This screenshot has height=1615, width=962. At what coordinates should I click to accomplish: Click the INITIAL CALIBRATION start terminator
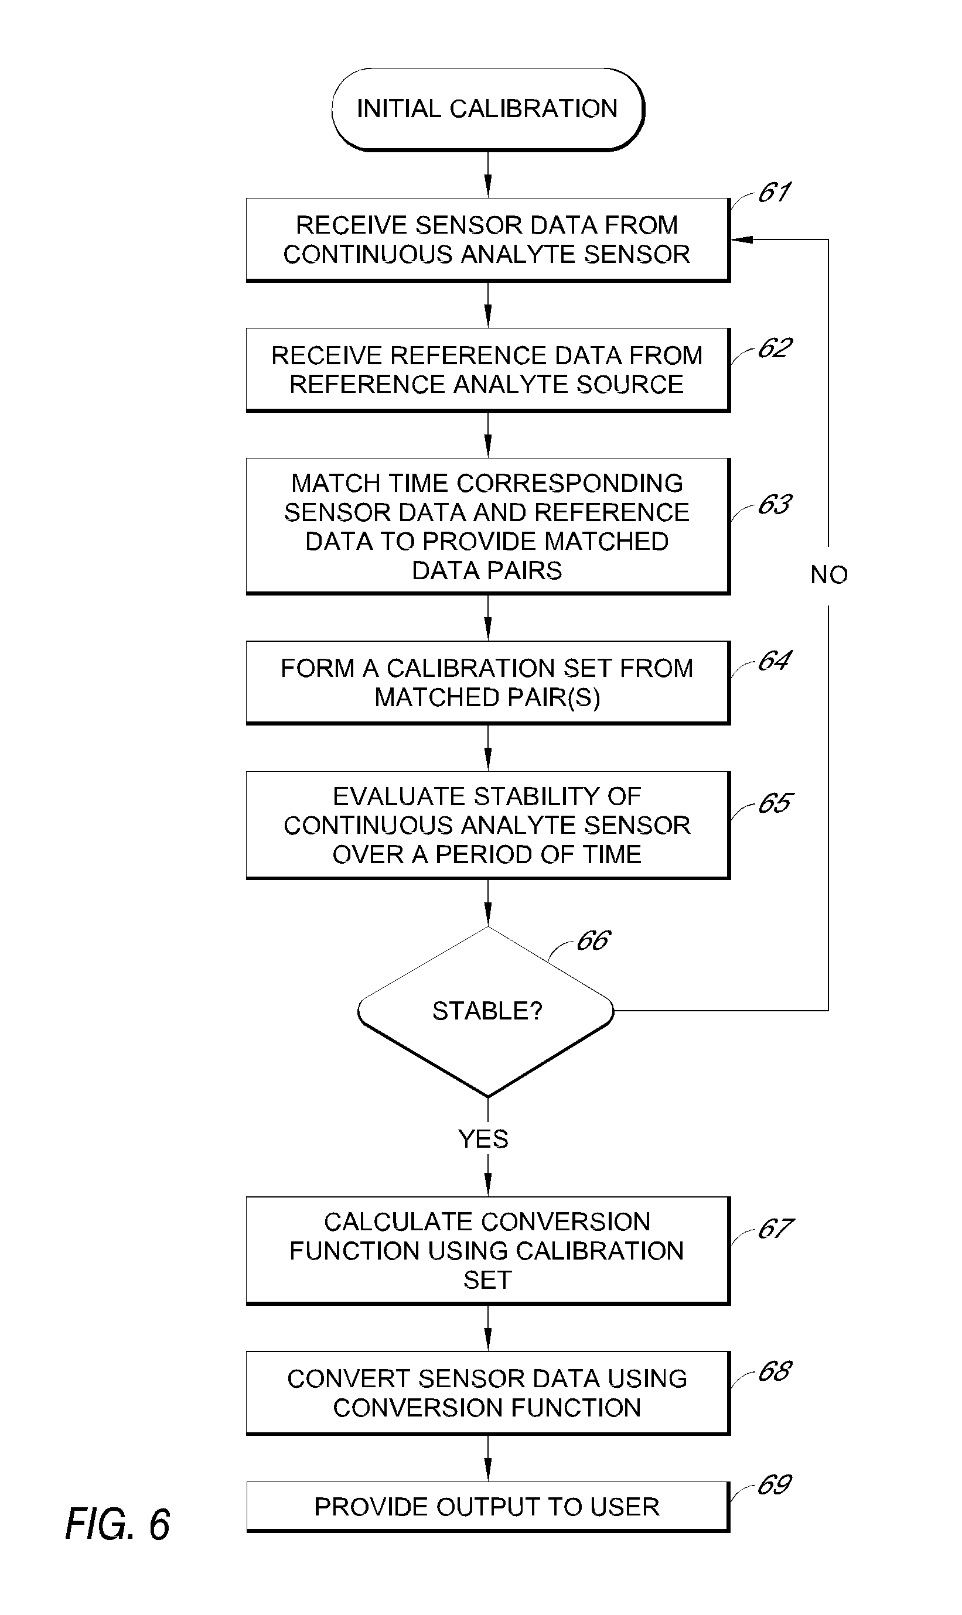(x=487, y=110)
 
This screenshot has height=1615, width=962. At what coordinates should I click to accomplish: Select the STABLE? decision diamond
(x=486, y=1011)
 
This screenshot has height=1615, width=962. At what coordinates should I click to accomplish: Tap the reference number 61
(x=774, y=193)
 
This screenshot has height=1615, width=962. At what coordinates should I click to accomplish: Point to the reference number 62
(x=775, y=348)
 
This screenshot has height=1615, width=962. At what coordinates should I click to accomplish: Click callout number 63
(x=775, y=505)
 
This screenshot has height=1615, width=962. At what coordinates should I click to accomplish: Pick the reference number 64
(x=775, y=661)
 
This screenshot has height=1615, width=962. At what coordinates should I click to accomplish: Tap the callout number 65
(x=775, y=803)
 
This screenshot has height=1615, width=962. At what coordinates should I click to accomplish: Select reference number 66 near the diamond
(x=592, y=940)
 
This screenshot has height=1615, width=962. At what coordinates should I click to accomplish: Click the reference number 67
(x=775, y=1229)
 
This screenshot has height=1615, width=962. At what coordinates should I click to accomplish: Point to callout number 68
(x=775, y=1371)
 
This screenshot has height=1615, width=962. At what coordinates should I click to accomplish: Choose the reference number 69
(x=775, y=1485)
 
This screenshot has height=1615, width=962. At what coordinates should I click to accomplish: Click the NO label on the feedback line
(x=828, y=574)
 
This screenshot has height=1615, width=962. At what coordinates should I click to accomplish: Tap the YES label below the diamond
(x=483, y=1138)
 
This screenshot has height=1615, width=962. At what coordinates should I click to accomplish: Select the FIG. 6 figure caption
(x=117, y=1524)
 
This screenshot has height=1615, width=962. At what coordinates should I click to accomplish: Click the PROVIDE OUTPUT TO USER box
(x=487, y=1507)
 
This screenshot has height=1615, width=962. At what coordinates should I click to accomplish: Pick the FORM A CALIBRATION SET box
(x=487, y=682)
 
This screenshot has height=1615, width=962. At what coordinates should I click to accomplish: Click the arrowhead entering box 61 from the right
(x=741, y=239)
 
